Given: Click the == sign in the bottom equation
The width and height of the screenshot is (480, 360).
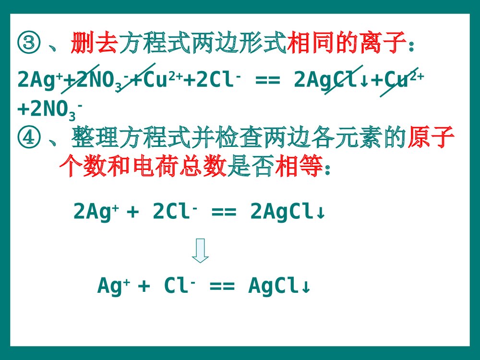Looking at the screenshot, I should tap(222, 287).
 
